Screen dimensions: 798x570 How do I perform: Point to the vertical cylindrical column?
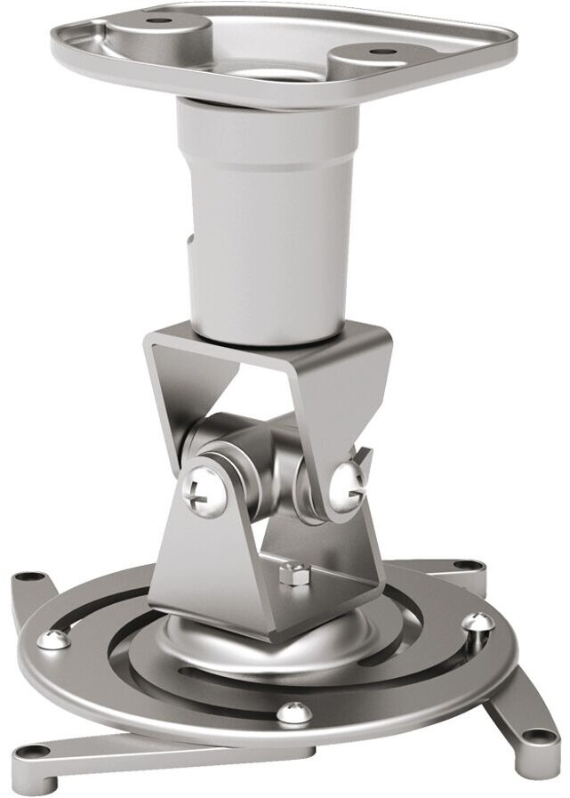[x=267, y=222]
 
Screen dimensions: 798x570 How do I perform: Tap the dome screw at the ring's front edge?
[x=293, y=712]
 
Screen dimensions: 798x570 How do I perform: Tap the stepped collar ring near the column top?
[x=267, y=142]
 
